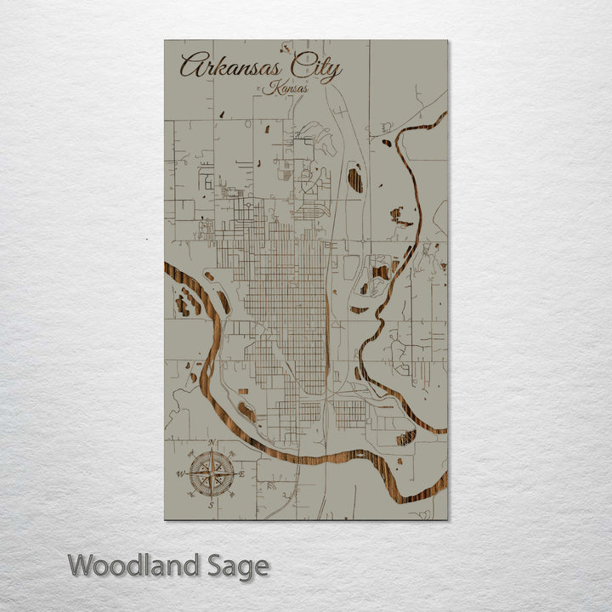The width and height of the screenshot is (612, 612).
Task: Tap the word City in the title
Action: click(x=314, y=67)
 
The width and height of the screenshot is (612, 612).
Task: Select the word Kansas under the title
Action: click(x=286, y=88)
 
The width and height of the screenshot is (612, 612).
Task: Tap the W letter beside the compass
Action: click(x=180, y=474)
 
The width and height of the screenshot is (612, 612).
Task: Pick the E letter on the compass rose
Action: click(x=242, y=474)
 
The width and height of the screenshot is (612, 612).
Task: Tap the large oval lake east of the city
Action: click(x=354, y=179)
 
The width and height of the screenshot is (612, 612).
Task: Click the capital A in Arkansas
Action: click(x=192, y=66)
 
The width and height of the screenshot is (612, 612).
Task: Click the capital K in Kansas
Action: click(x=271, y=87)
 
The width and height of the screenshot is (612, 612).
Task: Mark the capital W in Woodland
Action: click(x=82, y=565)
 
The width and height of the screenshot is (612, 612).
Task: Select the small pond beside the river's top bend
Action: click(x=387, y=143)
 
